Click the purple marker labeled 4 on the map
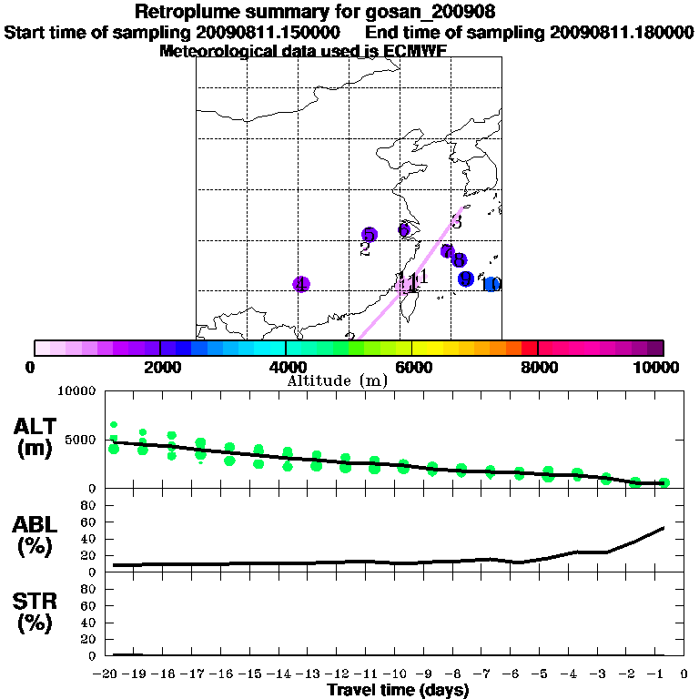pos(301,284)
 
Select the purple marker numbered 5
pos(370,235)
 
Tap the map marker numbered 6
pos(447,251)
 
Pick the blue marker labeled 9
pos(465,279)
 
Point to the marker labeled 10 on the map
pos(491,285)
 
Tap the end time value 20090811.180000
pos(622,33)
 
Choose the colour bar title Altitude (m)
pos(338,380)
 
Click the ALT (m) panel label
pos(36,436)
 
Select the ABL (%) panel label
pos(36,536)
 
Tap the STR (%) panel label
pos(36,613)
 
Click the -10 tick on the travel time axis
pos(400,674)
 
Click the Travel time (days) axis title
pos(398,691)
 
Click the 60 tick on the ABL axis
pos(88,522)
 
